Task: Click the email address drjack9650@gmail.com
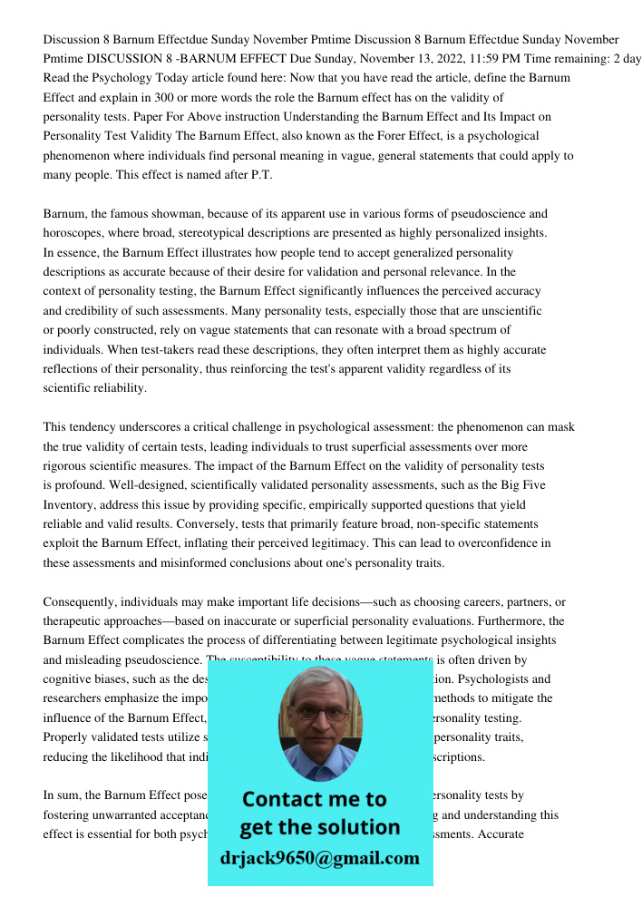tap(319, 858)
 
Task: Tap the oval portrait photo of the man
tap(319, 723)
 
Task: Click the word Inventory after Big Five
tap(69, 505)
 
